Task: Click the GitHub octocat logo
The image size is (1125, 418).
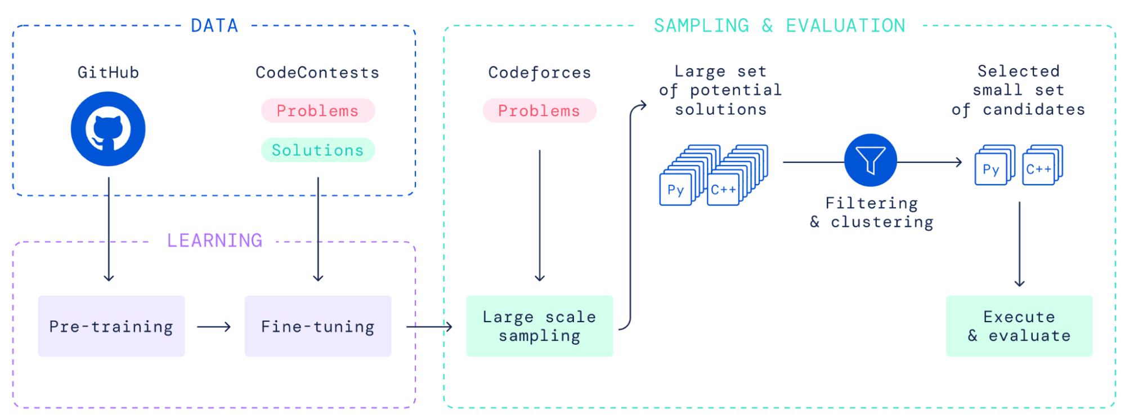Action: click(x=108, y=129)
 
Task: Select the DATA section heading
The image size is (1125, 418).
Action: click(x=214, y=26)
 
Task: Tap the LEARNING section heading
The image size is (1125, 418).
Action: click(x=214, y=241)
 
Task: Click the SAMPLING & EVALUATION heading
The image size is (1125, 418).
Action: click(x=779, y=26)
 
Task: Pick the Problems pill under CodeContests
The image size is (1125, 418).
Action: click(x=317, y=111)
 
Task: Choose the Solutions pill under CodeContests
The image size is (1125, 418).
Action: click(x=317, y=150)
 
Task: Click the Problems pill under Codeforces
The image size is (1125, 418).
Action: click(x=539, y=111)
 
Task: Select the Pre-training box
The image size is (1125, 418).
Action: click(x=111, y=326)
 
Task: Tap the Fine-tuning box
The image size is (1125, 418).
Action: click(x=318, y=326)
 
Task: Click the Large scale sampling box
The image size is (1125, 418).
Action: click(x=539, y=326)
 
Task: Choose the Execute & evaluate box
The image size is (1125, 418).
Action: click(x=1019, y=326)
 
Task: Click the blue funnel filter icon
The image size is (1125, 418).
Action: click(x=870, y=161)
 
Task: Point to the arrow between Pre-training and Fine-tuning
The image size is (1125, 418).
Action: click(x=214, y=327)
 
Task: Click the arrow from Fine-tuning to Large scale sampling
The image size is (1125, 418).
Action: click(x=429, y=327)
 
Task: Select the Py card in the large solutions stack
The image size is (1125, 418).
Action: click(x=675, y=190)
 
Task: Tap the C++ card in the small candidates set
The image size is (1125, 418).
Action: click(x=1038, y=170)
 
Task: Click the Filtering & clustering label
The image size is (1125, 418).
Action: click(x=871, y=212)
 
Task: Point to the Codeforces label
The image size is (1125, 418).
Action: click(x=539, y=73)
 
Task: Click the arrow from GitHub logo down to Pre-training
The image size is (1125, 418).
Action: click(x=109, y=231)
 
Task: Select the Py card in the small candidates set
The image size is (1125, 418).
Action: click(x=991, y=170)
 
